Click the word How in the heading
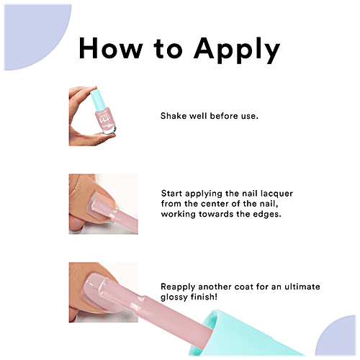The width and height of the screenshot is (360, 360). [111, 48]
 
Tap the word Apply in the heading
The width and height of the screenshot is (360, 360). [237, 50]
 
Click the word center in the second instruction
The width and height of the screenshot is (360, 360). [214, 204]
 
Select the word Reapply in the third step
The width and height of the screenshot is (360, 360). [178, 287]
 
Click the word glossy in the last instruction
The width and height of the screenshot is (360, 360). [174, 297]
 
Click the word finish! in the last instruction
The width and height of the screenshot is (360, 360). [204, 297]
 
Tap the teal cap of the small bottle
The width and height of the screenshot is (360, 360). [98, 99]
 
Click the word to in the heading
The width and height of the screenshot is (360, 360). [168, 49]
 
